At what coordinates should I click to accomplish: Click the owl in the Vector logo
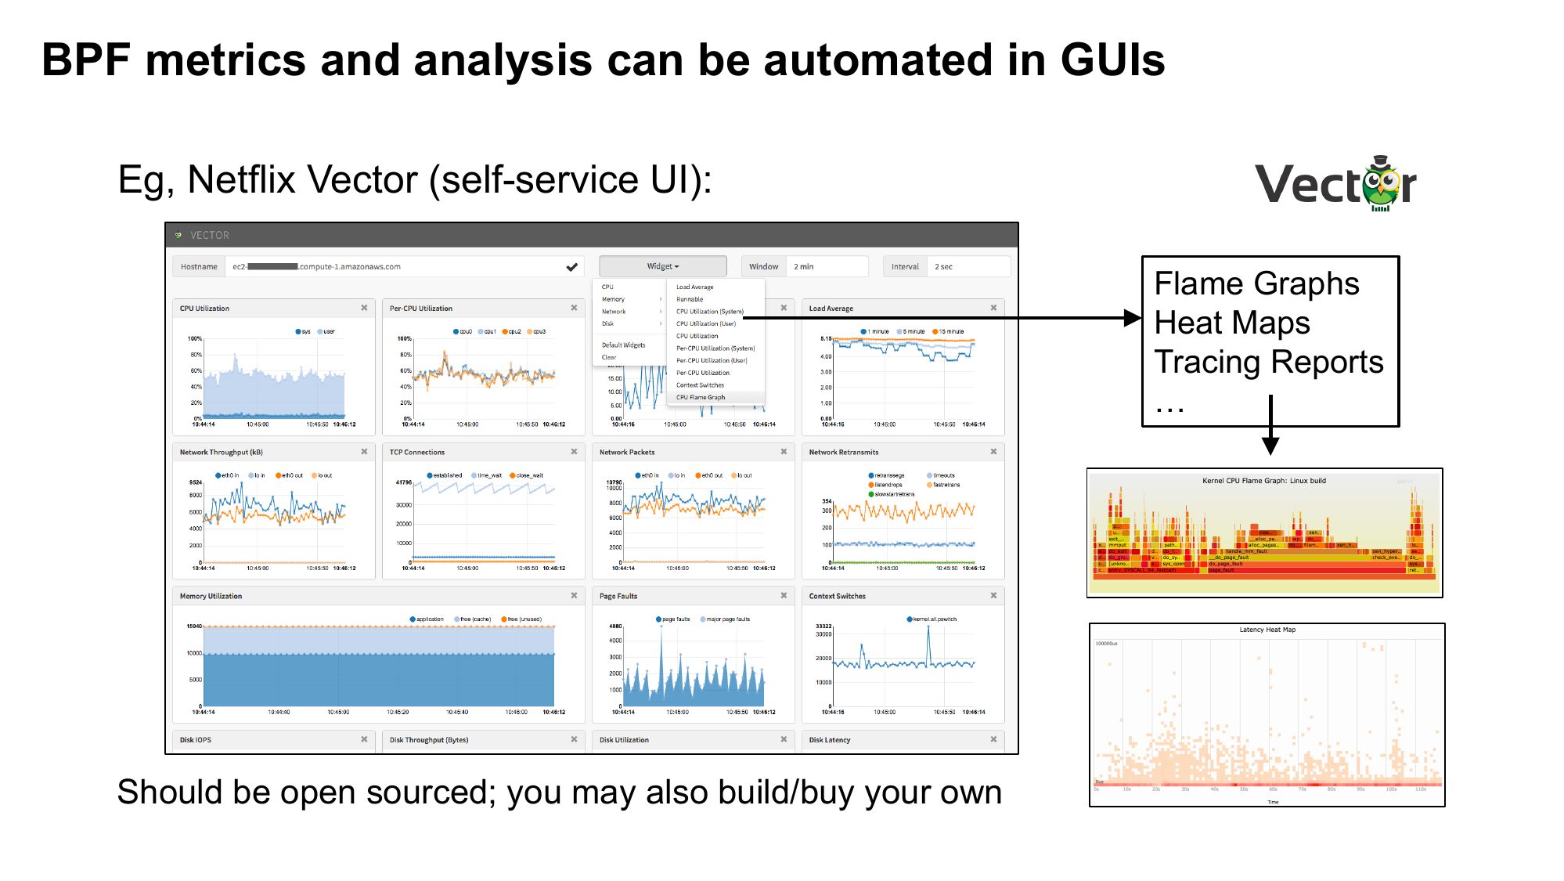click(x=1382, y=185)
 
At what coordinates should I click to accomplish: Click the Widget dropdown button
click(x=662, y=266)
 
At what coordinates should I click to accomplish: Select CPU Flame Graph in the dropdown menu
click(x=701, y=397)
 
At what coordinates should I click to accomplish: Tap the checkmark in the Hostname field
click(x=572, y=267)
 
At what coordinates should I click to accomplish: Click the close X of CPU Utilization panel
click(x=364, y=308)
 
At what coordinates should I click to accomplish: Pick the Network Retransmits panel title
click(x=843, y=452)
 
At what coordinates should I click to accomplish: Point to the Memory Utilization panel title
click(x=211, y=596)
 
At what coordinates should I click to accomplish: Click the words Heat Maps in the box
click(x=1231, y=323)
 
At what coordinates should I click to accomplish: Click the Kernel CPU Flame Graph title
click(x=1263, y=481)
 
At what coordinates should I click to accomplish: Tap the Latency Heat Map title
click(x=1267, y=630)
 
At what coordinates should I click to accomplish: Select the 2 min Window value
click(x=804, y=267)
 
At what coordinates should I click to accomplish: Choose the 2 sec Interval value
click(x=943, y=267)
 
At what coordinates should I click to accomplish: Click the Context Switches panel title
click(x=837, y=596)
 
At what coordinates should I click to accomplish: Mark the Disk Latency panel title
click(x=829, y=740)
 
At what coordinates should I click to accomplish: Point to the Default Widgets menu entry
click(x=623, y=345)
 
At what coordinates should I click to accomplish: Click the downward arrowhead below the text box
click(x=1270, y=446)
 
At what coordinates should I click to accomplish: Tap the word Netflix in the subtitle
click(x=247, y=180)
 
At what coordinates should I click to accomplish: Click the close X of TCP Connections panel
click(x=574, y=452)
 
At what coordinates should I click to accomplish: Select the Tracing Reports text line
click(x=1268, y=362)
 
